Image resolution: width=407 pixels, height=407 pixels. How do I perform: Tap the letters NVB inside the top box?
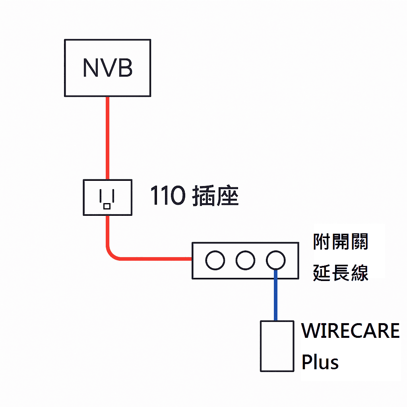pos(107,68)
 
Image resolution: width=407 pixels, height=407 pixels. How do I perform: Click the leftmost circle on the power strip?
pos(215,261)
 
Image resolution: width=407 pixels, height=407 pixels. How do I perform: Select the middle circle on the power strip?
pos(245,261)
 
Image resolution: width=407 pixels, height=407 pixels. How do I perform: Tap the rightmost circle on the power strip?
pos(275,261)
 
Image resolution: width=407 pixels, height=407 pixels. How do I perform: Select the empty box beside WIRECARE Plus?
pos(277,346)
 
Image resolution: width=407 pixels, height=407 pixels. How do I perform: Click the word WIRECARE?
pos(350,331)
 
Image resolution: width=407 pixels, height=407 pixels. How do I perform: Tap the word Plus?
pos(320,362)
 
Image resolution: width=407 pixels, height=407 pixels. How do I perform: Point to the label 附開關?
pos(341,242)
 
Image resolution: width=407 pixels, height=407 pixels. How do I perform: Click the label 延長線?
pos(341,273)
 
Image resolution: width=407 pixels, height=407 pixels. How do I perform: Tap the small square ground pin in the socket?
pos(107,206)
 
